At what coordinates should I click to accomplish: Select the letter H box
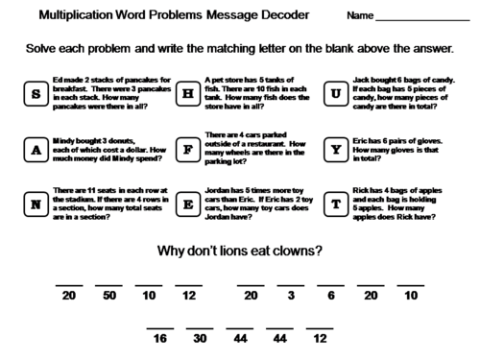tap(188, 93)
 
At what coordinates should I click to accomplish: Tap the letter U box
tap(336, 93)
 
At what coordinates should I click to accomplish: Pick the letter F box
tap(188, 149)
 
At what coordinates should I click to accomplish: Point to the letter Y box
tap(336, 149)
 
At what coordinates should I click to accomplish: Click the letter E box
tap(188, 204)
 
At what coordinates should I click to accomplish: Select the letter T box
tap(336, 204)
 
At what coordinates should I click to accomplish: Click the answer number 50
tap(108, 297)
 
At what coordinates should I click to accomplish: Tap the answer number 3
tap(290, 297)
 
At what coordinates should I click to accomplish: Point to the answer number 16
tap(160, 340)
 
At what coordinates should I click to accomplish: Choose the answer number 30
tap(201, 340)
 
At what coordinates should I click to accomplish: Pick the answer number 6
tap(330, 297)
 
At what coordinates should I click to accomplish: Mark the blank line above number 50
tap(108, 285)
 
